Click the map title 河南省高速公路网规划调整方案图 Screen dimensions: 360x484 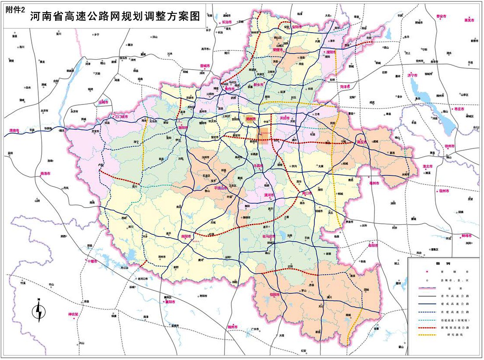[115, 17]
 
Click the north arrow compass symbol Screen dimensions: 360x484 [39, 310]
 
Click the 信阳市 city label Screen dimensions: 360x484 [275, 294]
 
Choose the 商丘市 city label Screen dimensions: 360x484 [362, 142]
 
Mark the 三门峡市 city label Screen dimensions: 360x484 [121, 117]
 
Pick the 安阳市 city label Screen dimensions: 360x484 [297, 27]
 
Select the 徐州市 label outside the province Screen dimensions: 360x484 [449, 146]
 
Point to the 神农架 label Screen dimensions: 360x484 [73, 314]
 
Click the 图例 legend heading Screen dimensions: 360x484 [444, 264]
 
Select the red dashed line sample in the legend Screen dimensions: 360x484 [427, 327]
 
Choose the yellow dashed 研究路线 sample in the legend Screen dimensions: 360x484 [427, 335]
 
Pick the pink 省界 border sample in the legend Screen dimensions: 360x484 [427, 288]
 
